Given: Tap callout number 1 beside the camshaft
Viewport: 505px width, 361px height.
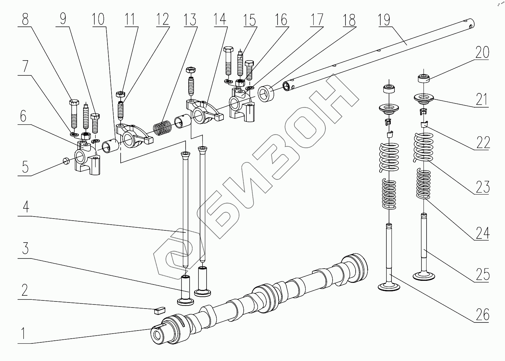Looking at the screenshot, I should (23, 333).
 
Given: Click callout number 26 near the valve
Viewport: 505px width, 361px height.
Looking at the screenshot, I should (482, 315).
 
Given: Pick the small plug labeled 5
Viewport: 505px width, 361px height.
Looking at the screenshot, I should (66, 160).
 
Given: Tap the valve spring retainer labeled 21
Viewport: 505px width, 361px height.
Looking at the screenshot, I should (424, 99).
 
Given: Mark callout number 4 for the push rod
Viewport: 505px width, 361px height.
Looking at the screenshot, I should (25, 206).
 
